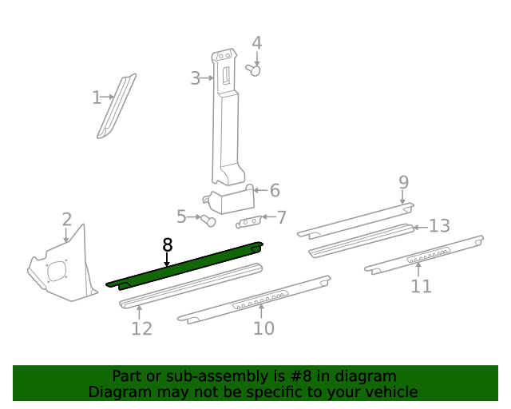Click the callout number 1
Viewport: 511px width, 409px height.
96,97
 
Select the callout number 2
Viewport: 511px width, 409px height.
66,220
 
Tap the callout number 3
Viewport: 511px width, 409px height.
196,78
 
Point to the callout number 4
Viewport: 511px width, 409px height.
256,43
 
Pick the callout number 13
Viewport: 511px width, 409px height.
439,226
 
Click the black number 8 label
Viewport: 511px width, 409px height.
167,245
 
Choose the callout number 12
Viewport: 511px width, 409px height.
141,328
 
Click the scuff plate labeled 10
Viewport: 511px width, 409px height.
255,300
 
